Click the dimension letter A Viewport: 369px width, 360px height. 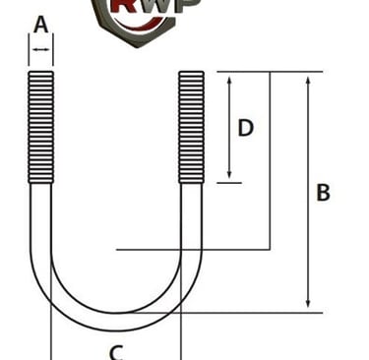(x=40, y=25)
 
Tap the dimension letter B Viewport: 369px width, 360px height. (x=323, y=193)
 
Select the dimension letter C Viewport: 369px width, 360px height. (x=115, y=350)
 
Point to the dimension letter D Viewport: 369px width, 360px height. (x=246, y=128)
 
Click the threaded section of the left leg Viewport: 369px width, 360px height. (x=40, y=128)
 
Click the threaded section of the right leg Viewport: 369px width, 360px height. (x=191, y=128)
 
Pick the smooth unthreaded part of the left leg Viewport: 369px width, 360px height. (x=40, y=226)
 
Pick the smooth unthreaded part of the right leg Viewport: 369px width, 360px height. (x=191, y=226)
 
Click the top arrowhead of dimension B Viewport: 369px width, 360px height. (x=309, y=79)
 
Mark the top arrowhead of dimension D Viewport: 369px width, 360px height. (x=228, y=79)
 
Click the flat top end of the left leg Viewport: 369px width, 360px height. (x=40, y=73)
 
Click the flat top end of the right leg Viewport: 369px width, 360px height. (x=191, y=73)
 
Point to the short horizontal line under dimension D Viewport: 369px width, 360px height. (x=228, y=182)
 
